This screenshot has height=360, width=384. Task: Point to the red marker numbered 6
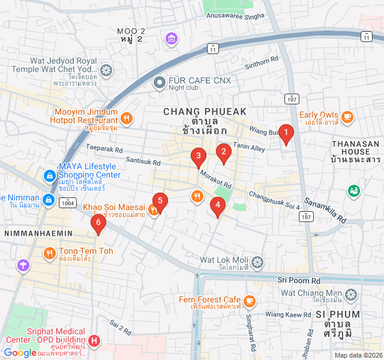[98, 224]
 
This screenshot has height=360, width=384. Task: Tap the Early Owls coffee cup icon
[347, 115]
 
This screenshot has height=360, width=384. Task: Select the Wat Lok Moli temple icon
[257, 262]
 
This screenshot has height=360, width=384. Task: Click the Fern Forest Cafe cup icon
[249, 300]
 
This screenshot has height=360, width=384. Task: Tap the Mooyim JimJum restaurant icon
[126, 117]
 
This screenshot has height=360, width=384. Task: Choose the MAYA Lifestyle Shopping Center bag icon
[49, 176]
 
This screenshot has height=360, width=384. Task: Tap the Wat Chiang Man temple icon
[350, 294]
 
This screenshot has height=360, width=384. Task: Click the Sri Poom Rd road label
[299, 280]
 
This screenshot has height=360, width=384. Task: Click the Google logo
[20, 353]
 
